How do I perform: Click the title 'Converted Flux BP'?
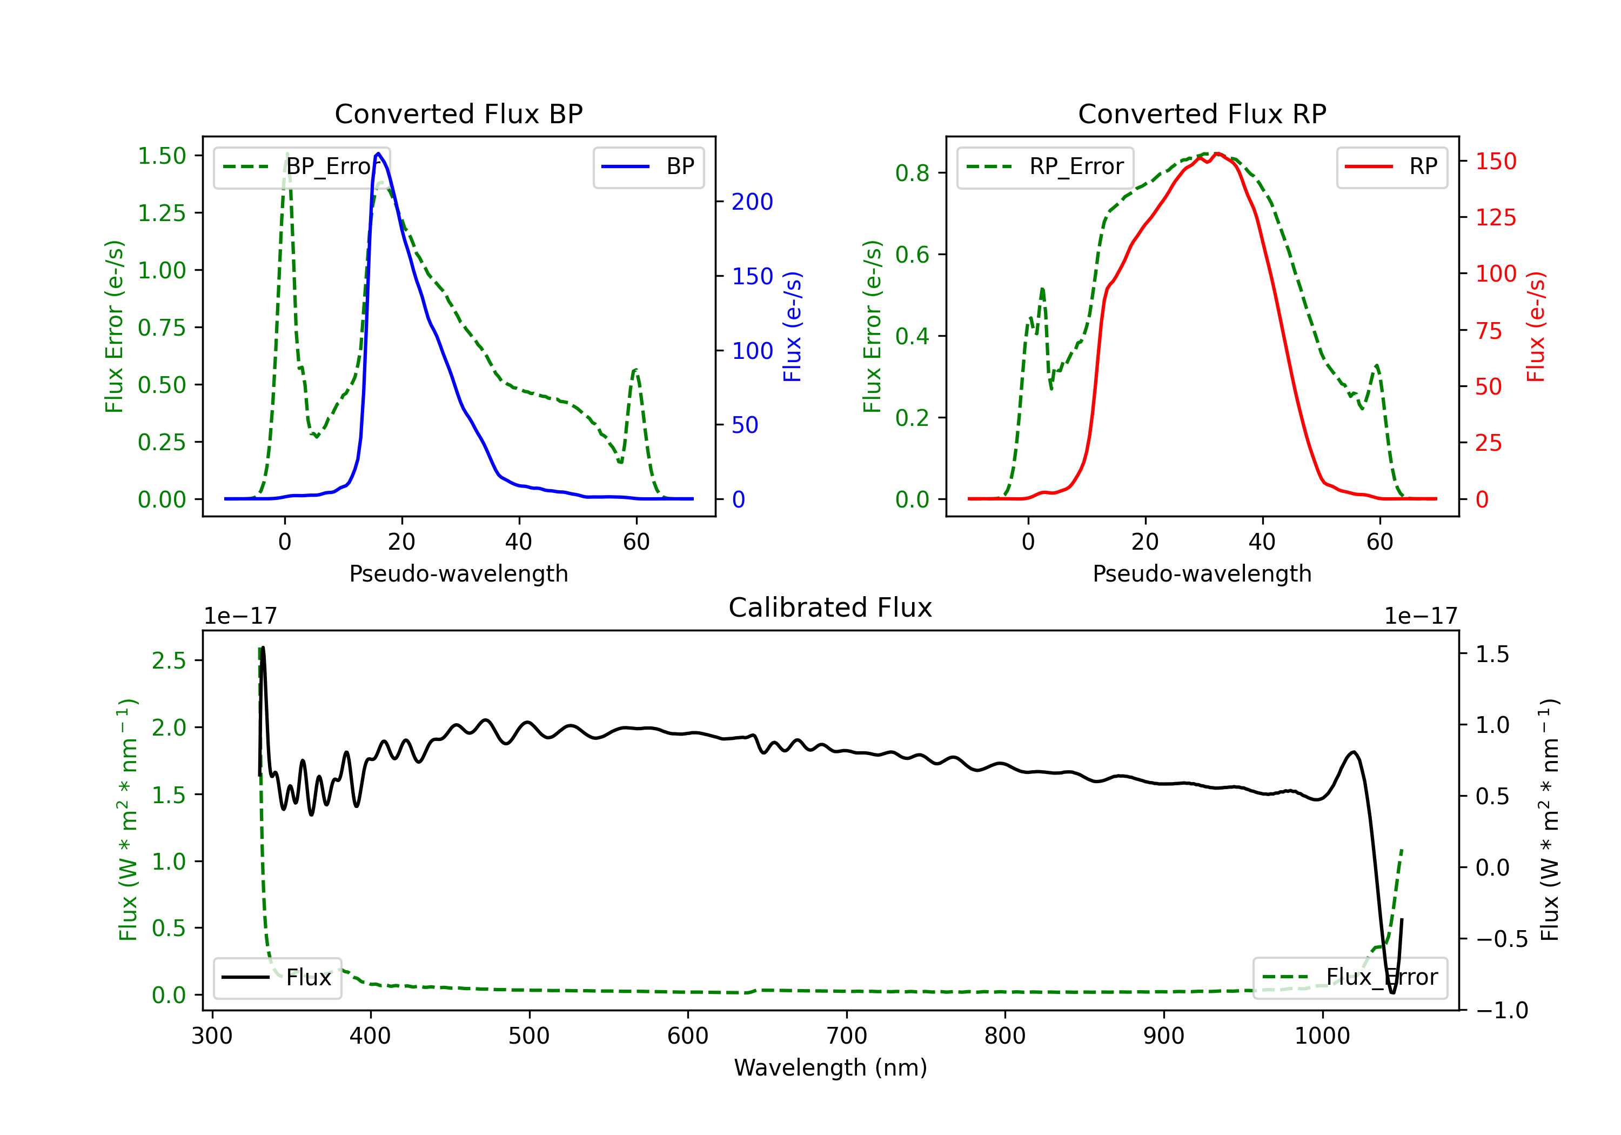459,113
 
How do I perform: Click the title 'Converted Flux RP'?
1202,113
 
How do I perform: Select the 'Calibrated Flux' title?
830,607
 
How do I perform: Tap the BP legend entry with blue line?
648,166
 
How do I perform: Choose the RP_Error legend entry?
1045,166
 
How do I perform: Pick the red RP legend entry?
1391,166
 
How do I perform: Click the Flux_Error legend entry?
1350,978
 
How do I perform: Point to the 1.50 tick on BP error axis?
162,156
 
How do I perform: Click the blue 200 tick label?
752,202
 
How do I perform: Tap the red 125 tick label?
1496,217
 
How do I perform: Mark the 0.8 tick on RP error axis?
912,173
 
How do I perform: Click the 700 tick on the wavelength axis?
847,1036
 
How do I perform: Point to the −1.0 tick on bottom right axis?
1502,1011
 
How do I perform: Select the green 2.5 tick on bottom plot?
169,660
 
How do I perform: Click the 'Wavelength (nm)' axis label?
830,1068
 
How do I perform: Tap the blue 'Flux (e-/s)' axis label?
793,327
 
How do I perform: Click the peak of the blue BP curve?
378,153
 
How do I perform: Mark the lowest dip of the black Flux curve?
1392,993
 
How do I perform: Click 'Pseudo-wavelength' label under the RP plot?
1202,573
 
